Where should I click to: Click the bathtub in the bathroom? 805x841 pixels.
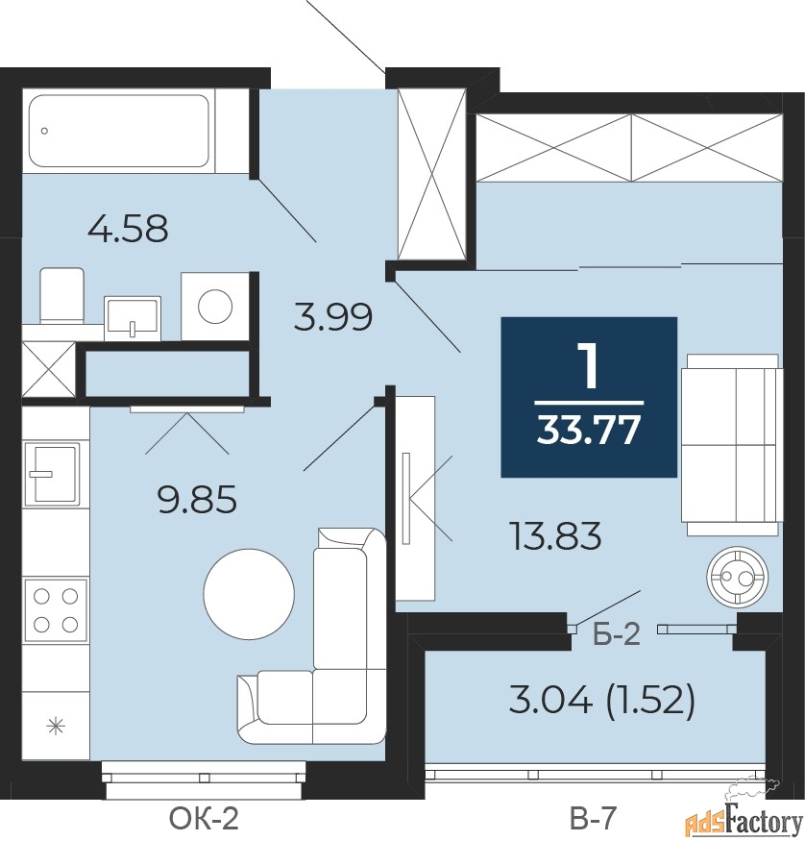click(x=118, y=131)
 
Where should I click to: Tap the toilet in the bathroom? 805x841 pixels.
click(x=62, y=296)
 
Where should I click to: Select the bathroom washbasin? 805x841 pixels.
click(x=133, y=317)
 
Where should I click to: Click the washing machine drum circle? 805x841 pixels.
click(x=215, y=307)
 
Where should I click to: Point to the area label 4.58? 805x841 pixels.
click(x=128, y=229)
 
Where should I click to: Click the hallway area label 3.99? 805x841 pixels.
click(x=332, y=316)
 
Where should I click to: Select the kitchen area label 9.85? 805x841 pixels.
click(x=197, y=500)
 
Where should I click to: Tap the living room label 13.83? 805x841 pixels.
click(x=556, y=535)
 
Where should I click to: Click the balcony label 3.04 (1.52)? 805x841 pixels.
click(x=602, y=701)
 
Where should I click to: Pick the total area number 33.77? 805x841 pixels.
click(x=589, y=430)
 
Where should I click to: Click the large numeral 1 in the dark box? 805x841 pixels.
click(x=589, y=365)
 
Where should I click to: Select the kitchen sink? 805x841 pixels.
click(x=51, y=473)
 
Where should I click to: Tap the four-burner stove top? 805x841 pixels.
click(x=55, y=610)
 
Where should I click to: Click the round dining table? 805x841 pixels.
click(x=249, y=594)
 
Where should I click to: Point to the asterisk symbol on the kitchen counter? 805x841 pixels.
click(x=55, y=728)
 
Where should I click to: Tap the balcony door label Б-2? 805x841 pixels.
click(x=617, y=634)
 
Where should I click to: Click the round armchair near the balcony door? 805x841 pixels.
click(x=737, y=577)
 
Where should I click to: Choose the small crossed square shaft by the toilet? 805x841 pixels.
click(x=48, y=368)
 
